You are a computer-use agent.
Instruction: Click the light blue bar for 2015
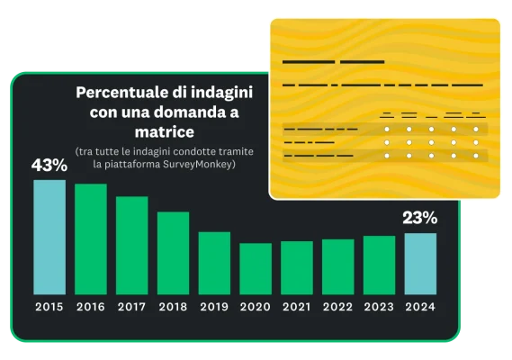point(49,238)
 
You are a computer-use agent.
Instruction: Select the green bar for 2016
point(91,239)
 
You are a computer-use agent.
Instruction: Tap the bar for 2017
point(132,246)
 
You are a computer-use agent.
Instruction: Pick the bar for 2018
point(174,253)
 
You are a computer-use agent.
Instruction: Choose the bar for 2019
point(214,263)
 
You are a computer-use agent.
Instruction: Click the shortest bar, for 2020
point(256,269)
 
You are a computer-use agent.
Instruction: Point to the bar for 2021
point(297,267)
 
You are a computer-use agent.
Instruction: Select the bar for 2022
point(338,266)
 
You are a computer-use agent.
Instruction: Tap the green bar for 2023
point(380,265)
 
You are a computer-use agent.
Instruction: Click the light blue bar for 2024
point(420,264)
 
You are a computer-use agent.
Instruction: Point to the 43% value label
point(49,166)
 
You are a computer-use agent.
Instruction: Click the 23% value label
point(420,217)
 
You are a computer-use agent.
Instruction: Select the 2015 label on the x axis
point(49,308)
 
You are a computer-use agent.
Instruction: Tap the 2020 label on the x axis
point(256,308)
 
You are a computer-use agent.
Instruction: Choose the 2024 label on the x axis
point(420,308)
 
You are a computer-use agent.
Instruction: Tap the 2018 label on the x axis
point(174,308)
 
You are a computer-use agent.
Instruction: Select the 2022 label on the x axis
point(338,308)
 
